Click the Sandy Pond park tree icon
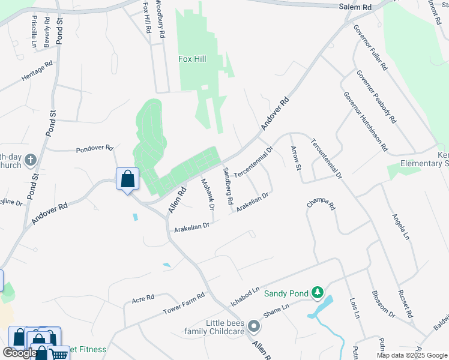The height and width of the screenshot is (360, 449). point(317,293)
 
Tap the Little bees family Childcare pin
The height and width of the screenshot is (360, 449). point(254,327)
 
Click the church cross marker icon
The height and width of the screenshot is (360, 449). point(31,161)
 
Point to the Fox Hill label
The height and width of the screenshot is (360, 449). point(193,59)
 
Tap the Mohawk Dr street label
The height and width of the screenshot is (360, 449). point(208,194)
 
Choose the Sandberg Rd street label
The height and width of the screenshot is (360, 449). point(227,186)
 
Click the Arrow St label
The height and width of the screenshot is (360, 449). point(295,158)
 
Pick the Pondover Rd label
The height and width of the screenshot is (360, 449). point(94,148)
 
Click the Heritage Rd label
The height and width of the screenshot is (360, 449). point(37,71)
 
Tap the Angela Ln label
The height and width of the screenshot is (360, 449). point(400,228)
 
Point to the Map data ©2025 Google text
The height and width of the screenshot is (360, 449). point(411,355)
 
